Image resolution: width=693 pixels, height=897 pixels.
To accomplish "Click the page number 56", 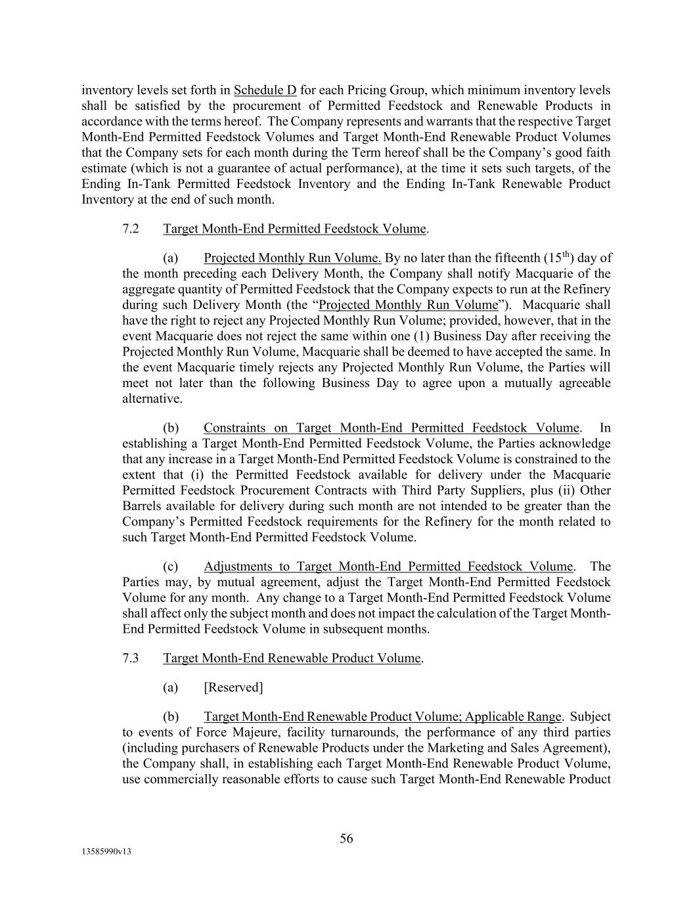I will (x=346, y=838).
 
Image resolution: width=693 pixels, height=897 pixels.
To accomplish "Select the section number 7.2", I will (x=131, y=229).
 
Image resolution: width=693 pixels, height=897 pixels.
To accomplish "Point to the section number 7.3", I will (x=131, y=658).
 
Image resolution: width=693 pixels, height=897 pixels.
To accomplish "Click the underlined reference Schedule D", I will (x=265, y=90).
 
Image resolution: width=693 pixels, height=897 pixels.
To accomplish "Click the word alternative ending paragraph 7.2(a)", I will (x=151, y=399).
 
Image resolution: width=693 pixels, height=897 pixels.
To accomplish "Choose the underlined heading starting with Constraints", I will (x=391, y=428).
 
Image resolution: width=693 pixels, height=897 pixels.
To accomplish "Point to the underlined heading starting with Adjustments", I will (x=389, y=566).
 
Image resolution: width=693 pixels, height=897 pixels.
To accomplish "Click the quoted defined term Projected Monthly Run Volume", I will (x=408, y=305).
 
